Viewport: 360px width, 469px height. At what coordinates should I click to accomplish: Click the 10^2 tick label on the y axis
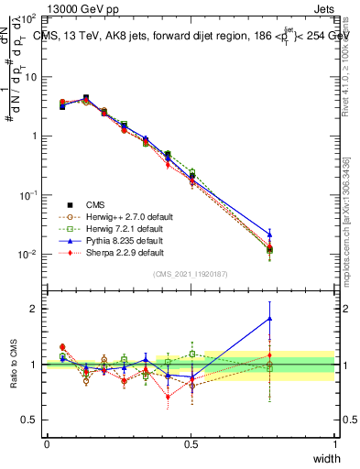(27, 18)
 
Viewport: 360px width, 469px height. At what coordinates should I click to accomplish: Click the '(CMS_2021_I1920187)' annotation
(191, 275)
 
